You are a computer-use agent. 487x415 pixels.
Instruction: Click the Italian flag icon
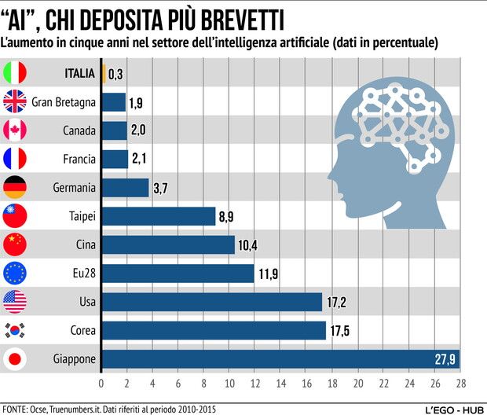16,73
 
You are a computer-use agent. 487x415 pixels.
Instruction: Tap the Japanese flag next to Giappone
16,359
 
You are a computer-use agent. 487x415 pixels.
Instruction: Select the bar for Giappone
280,359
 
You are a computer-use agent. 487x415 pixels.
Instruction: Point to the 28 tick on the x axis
460,384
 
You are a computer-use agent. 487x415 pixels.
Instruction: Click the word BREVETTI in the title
240,17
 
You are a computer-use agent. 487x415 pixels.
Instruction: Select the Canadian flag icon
16,130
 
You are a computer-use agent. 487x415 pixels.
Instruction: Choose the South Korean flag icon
16,331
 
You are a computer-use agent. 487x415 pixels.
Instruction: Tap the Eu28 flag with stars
16,274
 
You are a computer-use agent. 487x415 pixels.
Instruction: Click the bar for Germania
125,188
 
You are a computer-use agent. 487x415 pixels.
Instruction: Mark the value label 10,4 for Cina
247,245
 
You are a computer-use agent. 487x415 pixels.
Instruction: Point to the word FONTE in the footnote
17,409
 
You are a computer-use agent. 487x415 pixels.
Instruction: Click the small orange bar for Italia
103,74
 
